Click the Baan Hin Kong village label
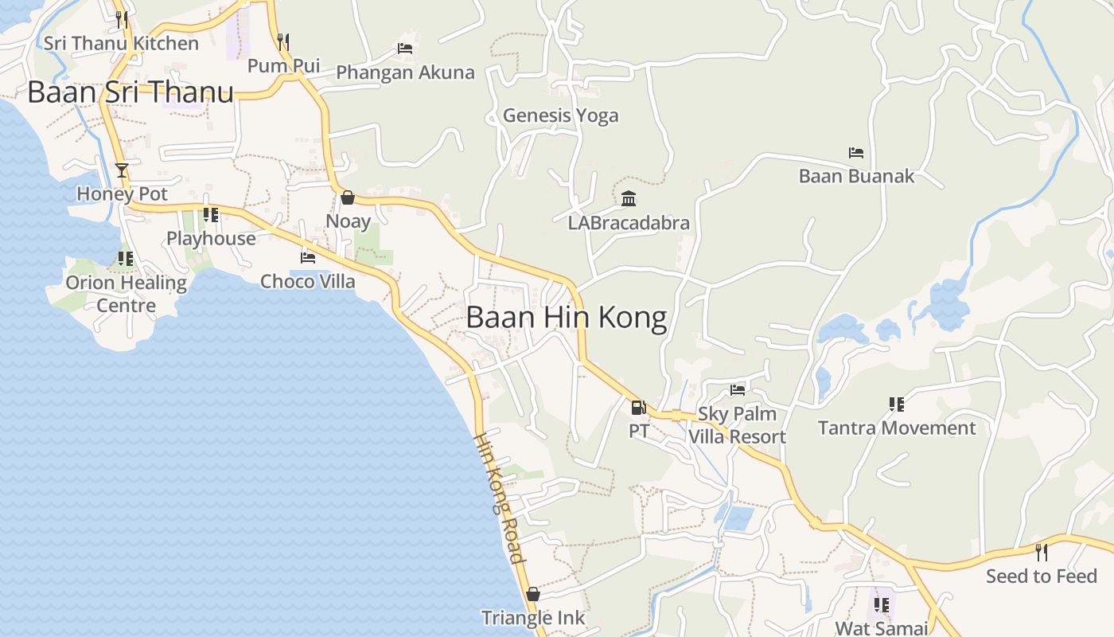566,317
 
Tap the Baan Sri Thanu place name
130,92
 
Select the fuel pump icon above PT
638,408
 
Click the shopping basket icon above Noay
348,197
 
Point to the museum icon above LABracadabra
629,198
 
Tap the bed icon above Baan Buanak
856,152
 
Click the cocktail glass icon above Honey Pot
122,170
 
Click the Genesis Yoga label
560,115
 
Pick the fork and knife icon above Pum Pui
282,41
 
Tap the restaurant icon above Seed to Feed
1041,552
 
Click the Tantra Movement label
897,428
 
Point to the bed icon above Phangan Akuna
405,49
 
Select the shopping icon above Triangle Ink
533,594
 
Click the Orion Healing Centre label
126,294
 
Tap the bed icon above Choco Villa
308,257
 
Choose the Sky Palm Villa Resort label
737,425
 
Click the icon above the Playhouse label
211,215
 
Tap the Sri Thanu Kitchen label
121,43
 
